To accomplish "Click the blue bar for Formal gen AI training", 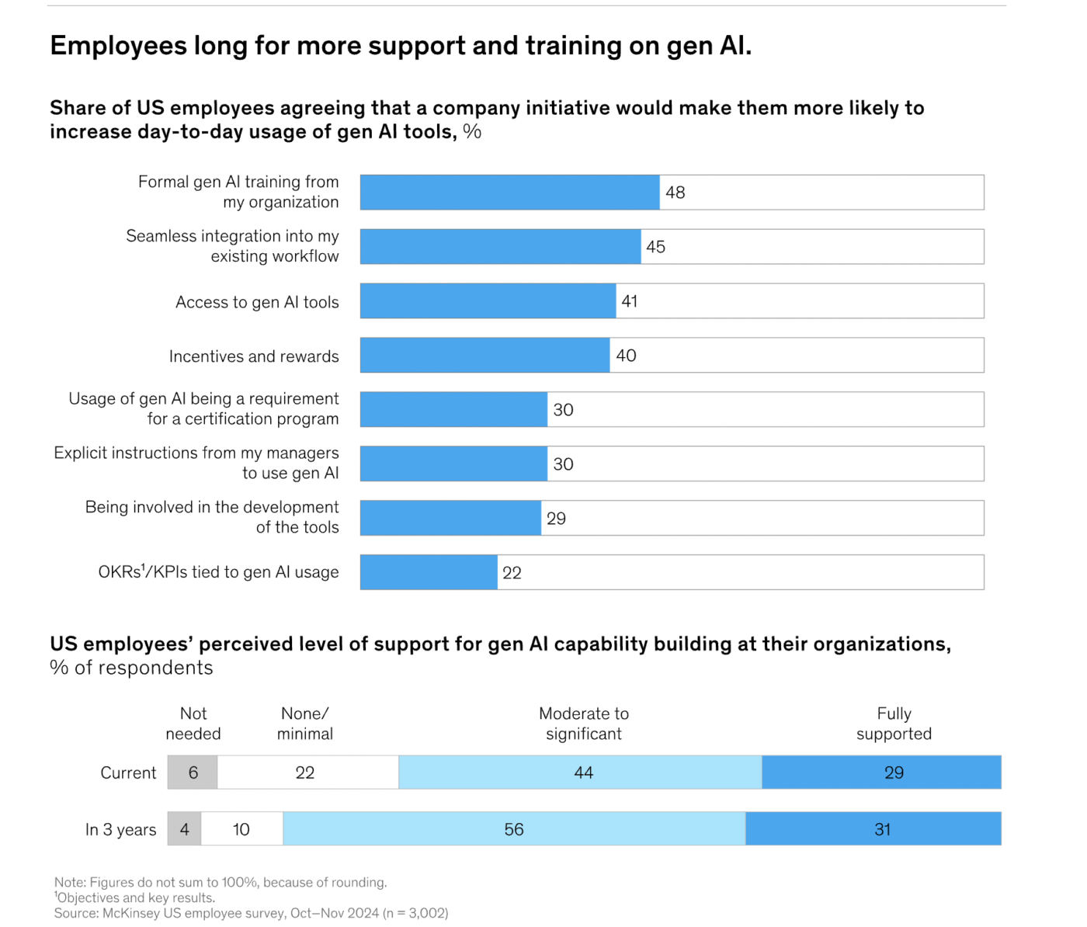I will [509, 193].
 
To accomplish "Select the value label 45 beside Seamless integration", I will [655, 247].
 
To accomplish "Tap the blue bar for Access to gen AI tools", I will [488, 301].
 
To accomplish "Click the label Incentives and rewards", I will [254, 356].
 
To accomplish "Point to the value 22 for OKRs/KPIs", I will [512, 573].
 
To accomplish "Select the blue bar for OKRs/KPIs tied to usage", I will [429, 572].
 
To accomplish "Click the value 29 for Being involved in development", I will [556, 519].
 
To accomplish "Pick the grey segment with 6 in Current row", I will [193, 772].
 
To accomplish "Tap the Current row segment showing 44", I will [582, 772].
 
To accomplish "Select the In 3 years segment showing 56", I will [514, 829].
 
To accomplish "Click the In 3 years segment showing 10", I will [241, 829].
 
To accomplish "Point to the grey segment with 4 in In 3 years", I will [184, 829].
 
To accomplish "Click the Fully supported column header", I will [894, 724].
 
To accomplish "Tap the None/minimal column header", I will [304, 724].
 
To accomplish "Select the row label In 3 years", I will [120, 830].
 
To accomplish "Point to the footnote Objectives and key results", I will [136, 897].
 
